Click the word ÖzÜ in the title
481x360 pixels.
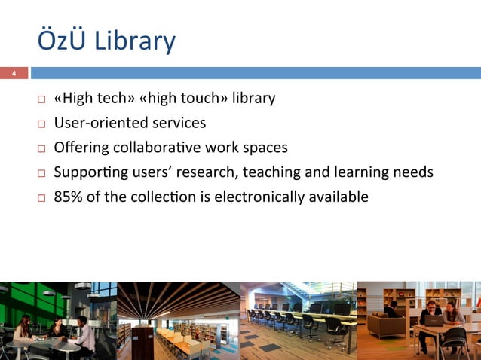pos(63,41)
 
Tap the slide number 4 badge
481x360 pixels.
pos(13,73)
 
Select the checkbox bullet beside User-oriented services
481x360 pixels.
pos(41,124)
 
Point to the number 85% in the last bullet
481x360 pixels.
pos(69,197)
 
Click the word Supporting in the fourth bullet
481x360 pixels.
pos(87,172)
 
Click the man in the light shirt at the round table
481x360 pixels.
pos(84,331)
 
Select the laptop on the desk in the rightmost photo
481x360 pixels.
pos(435,319)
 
